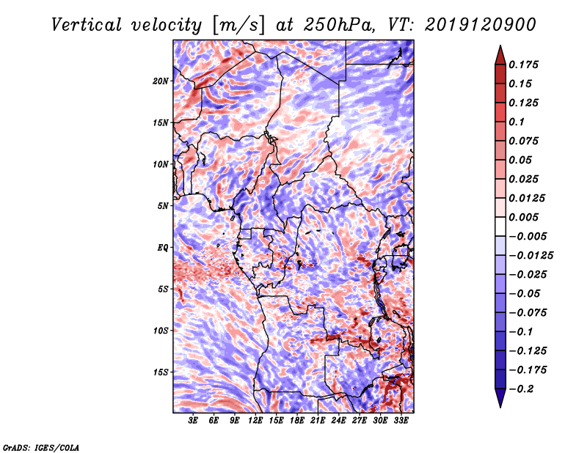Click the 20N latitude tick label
coord(161,81)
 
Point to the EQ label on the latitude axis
coord(163,248)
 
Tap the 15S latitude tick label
coord(161,372)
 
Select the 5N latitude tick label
coord(164,206)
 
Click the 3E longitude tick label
coord(194,421)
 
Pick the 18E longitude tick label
coord(297,421)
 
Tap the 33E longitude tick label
coord(401,421)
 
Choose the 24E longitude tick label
coord(339,421)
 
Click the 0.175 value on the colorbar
coord(525,65)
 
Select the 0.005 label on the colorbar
coord(525,217)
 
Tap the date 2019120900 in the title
coord(475,24)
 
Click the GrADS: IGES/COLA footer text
coord(41,446)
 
